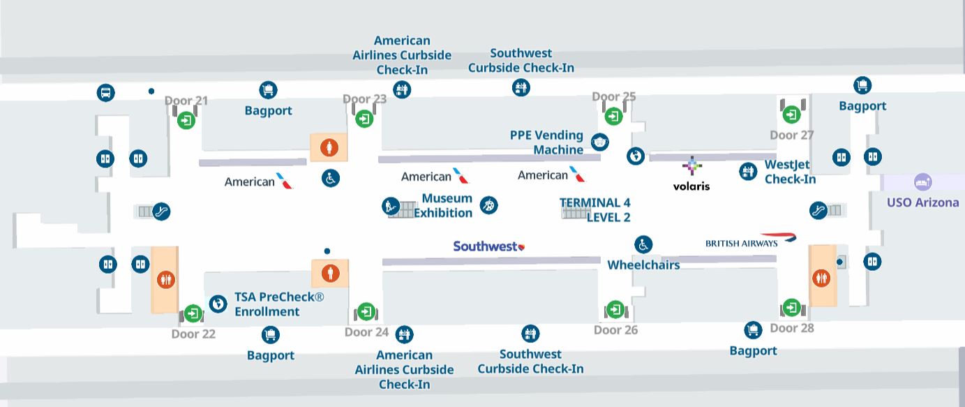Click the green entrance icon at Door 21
tap(186, 120)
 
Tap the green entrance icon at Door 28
tap(791, 307)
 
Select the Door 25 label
tap(613, 96)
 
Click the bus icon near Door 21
tap(105, 92)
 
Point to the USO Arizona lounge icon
tap(922, 182)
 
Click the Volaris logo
tap(691, 174)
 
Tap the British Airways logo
tap(751, 241)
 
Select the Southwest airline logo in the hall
tap(488, 246)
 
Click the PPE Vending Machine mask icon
tap(599, 142)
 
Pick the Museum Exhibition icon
tap(488, 205)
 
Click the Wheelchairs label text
tap(643, 265)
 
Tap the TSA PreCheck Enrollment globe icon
tap(218, 304)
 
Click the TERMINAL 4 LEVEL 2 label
tap(595, 209)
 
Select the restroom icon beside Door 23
tap(329, 147)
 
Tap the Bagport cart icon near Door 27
tap(862, 85)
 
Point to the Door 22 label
tap(193, 334)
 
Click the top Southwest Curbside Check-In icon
tap(521, 87)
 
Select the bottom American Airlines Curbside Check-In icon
tap(404, 334)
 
